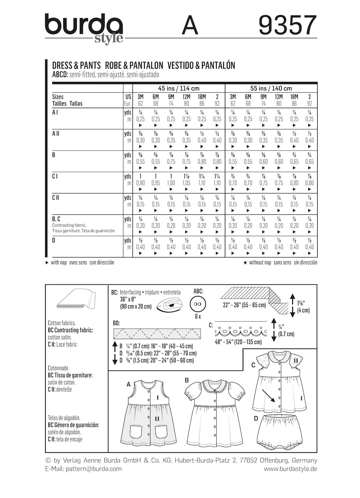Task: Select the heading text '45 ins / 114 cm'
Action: pyautogui.click(x=179, y=88)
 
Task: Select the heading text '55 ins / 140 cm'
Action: pyautogui.click(x=271, y=88)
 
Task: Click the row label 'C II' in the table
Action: pyautogui.click(x=55, y=197)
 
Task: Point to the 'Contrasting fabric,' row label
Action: pyautogui.click(x=69, y=225)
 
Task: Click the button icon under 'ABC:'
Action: pyautogui.click(x=198, y=304)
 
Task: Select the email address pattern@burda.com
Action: pyautogui.click(x=94, y=469)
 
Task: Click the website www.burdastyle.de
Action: pyautogui.click(x=290, y=469)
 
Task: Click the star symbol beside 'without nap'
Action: pyautogui.click(x=245, y=263)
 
